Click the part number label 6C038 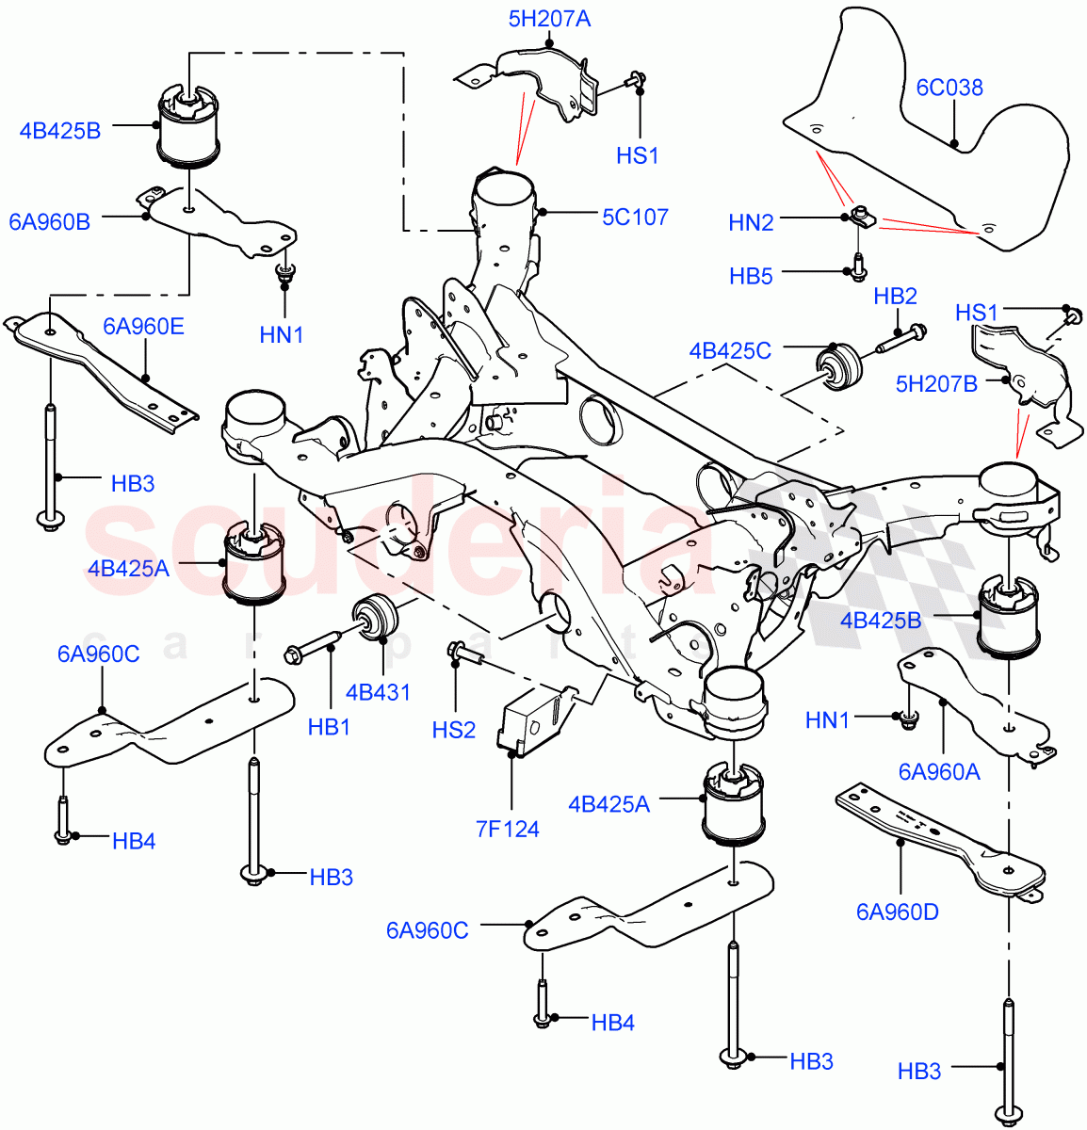[949, 88]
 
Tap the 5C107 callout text [635, 217]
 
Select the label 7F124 [508, 829]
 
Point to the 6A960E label [144, 327]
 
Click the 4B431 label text [378, 693]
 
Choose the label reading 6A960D [897, 912]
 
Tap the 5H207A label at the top [549, 18]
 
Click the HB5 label [751, 275]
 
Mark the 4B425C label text [730, 351]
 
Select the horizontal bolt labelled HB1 [311, 649]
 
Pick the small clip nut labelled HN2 [859, 218]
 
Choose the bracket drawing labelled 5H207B [1027, 377]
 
